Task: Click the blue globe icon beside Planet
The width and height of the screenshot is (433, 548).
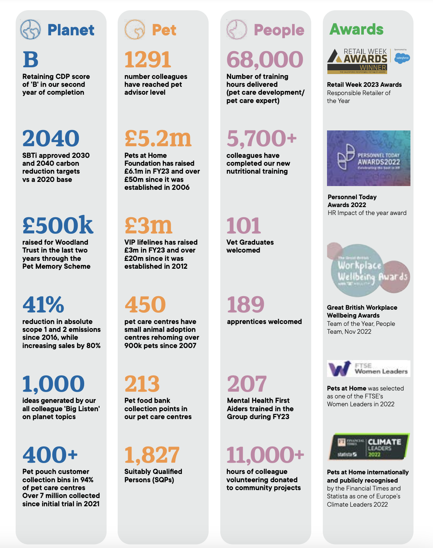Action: [x=30, y=30]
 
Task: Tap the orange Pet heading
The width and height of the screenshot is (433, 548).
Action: [x=164, y=30]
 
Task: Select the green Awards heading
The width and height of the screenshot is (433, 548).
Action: [x=356, y=29]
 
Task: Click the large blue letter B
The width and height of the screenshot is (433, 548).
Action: [x=30, y=59]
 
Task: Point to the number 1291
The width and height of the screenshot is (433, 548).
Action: [x=148, y=59]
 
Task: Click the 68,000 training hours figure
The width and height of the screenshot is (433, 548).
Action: [x=265, y=59]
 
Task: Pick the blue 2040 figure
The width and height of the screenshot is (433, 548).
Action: [x=51, y=138]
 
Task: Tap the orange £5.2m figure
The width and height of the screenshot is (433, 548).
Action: [x=158, y=138]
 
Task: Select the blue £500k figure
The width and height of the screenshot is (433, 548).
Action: [x=58, y=225]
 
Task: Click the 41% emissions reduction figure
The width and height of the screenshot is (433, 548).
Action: [x=43, y=304]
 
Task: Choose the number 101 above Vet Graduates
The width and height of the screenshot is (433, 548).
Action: [x=244, y=226]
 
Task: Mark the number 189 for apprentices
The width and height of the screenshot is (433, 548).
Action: [x=246, y=304]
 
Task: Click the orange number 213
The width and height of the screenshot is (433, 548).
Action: [x=142, y=384]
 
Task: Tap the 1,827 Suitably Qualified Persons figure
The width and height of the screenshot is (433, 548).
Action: [x=152, y=455]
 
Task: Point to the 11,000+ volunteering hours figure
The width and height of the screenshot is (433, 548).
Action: [x=265, y=455]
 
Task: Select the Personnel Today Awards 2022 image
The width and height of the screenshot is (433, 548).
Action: [x=368, y=158]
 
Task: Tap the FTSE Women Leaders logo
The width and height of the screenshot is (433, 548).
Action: [x=368, y=369]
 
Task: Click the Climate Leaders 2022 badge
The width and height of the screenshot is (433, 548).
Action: [x=368, y=447]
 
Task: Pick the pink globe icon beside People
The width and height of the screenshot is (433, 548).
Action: [x=237, y=30]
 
